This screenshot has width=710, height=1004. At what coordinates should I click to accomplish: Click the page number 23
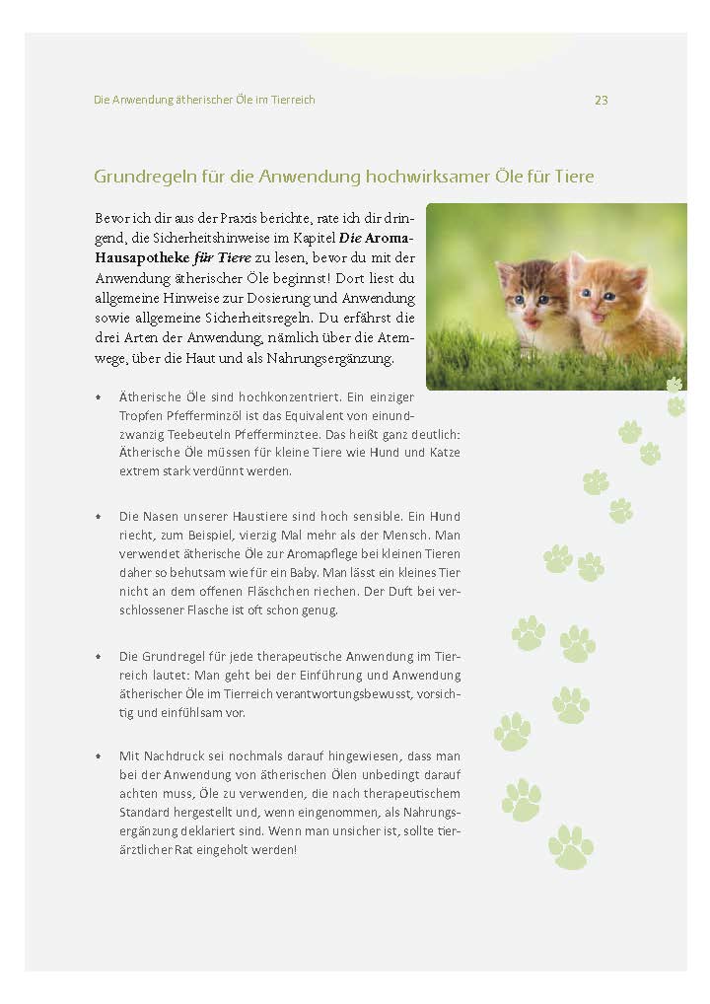[601, 101]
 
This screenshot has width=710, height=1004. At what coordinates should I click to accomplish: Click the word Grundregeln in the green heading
[144, 177]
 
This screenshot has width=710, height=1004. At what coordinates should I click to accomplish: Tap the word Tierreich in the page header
[288, 101]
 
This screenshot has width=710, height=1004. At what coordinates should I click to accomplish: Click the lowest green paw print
[571, 847]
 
